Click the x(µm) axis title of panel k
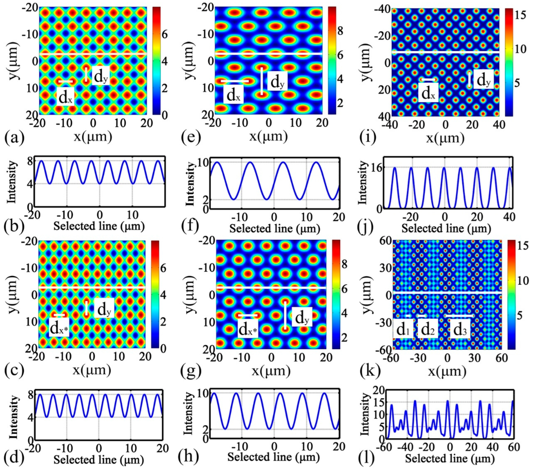click(x=447, y=371)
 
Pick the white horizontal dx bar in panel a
click(x=65, y=82)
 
